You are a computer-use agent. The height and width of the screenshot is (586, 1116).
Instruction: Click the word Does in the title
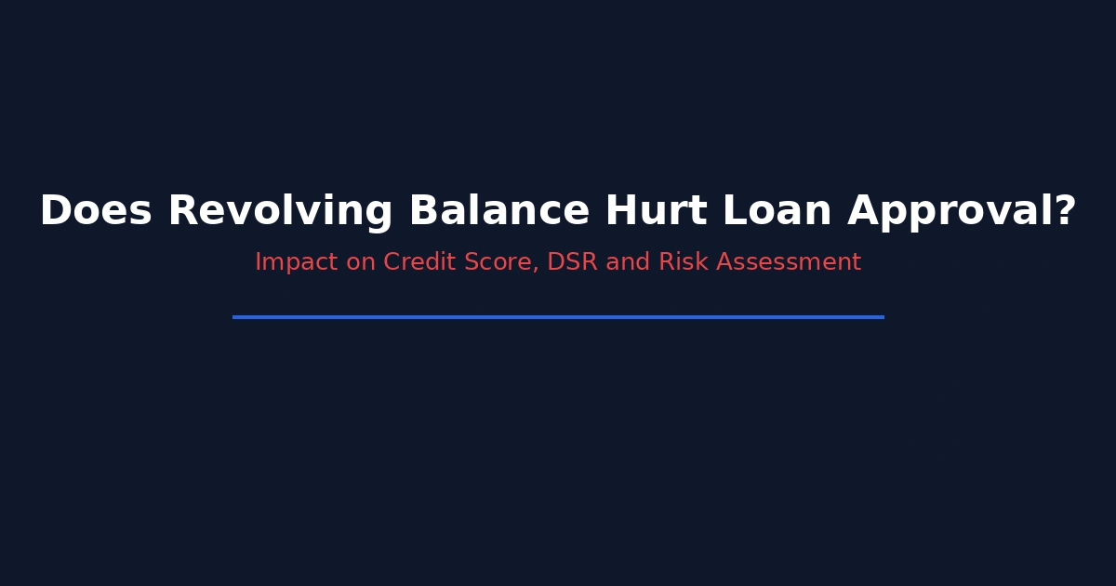96,210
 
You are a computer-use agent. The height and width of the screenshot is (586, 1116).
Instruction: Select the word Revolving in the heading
281,213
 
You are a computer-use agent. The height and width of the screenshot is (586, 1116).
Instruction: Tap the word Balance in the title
499,209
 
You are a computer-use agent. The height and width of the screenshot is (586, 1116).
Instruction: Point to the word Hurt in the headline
657,210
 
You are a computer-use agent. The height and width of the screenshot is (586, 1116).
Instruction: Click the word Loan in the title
777,210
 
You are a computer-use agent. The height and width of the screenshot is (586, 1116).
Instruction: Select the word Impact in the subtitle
297,262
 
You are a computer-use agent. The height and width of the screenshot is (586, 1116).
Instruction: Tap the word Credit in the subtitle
419,261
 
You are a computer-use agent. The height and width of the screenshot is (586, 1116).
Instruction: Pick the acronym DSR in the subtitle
573,261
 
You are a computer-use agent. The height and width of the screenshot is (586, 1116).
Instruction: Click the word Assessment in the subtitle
789,261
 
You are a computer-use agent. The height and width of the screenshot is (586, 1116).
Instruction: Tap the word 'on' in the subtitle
361,263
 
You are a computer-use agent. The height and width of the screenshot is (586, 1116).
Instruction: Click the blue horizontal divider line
558,317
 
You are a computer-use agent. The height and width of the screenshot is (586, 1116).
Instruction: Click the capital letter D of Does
55,210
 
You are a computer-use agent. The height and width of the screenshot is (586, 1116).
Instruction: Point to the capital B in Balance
424,210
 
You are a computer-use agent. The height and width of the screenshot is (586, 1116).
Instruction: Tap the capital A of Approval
864,210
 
